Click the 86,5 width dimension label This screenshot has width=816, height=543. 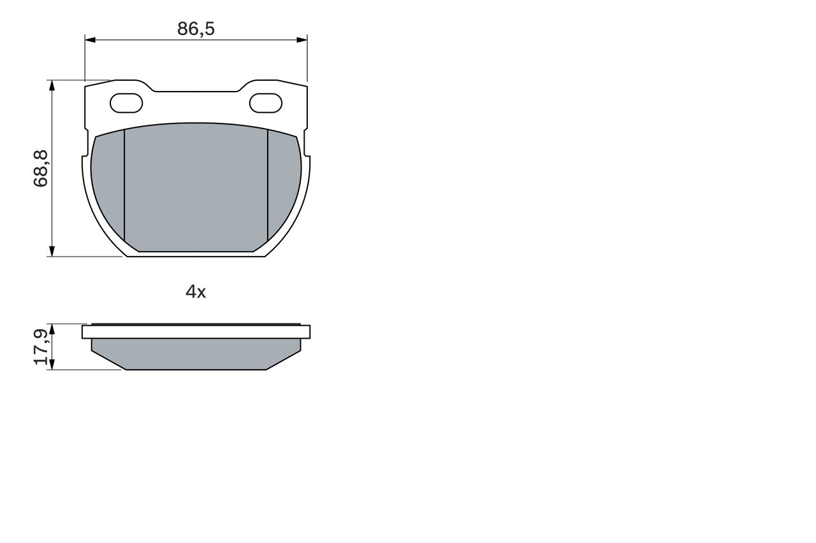pyautogui.click(x=196, y=29)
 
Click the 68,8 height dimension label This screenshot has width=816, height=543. pyautogui.click(x=41, y=169)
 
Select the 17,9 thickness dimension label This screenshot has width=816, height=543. pyautogui.click(x=41, y=346)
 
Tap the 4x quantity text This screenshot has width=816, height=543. pyautogui.click(x=196, y=292)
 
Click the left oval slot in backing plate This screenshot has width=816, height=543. pyautogui.click(x=126, y=103)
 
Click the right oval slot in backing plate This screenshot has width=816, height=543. pyautogui.click(x=266, y=103)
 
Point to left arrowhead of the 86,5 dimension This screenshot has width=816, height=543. pyautogui.click(x=90, y=39)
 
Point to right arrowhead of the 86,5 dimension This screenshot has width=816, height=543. pyautogui.click(x=302, y=39)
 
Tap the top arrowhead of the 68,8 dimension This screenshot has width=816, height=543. pyautogui.click(x=52, y=85)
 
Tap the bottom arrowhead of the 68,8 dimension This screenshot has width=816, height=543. pyautogui.click(x=52, y=251)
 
